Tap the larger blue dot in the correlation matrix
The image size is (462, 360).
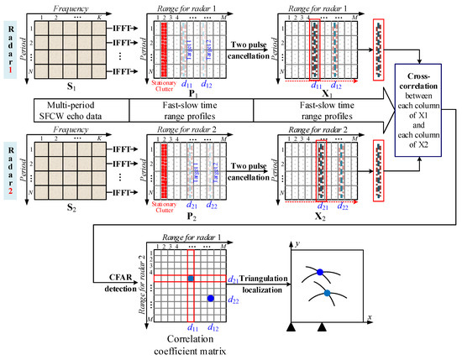pyautogui.click(x=211, y=298)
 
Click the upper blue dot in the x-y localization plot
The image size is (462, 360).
pyautogui.click(x=319, y=271)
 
